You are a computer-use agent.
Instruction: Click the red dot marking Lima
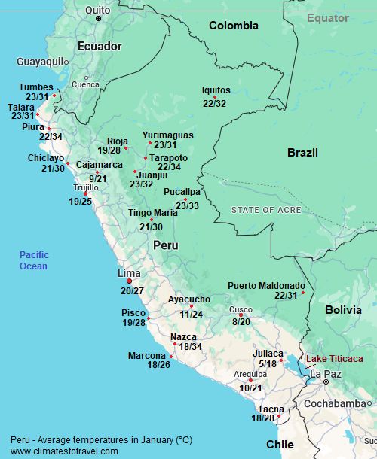[x=129, y=281]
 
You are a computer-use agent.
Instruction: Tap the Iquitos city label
[x=216, y=90]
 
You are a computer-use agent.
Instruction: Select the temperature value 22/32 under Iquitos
[x=214, y=104]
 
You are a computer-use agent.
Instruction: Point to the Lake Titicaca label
[x=333, y=359]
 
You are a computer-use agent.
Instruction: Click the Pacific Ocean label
[x=34, y=260]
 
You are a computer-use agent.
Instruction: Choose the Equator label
[x=328, y=17]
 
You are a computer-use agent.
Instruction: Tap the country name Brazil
[x=302, y=153]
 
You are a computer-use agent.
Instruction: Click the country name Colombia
[x=233, y=26]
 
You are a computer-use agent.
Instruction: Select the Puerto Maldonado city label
[x=266, y=286]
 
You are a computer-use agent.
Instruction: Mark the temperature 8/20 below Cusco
[x=241, y=321]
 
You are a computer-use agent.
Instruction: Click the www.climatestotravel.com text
[x=64, y=451]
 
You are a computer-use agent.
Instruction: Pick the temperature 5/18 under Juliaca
[x=268, y=364]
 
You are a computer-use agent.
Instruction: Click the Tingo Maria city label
[x=153, y=213]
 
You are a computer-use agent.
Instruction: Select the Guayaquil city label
[x=41, y=62]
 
